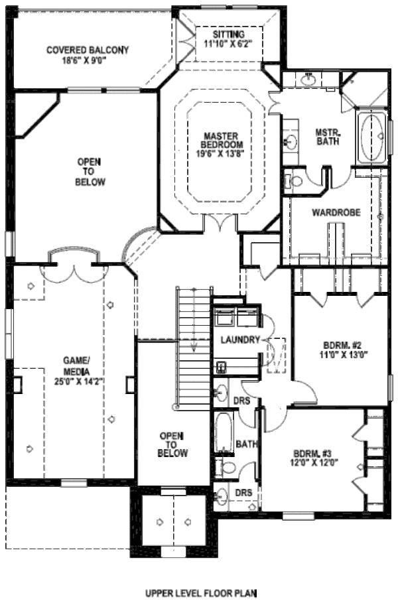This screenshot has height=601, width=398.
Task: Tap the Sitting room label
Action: [x=229, y=34]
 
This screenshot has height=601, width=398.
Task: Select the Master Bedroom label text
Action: [x=223, y=141]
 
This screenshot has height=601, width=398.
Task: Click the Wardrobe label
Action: [x=336, y=213]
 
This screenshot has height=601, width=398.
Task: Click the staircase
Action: [x=193, y=345]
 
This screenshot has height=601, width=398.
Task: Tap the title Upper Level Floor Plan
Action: [x=200, y=592]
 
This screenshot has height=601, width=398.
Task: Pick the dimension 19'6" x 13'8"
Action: [x=223, y=155]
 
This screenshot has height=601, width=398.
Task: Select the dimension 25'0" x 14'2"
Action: [x=77, y=381]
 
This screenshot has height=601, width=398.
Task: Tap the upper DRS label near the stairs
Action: [x=243, y=400]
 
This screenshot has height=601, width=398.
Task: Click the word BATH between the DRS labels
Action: [x=246, y=444]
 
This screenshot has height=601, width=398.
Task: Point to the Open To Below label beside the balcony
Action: [x=90, y=171]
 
